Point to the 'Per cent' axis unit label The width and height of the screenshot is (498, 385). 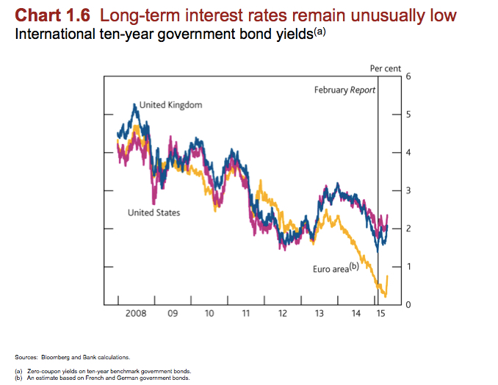tap(386, 68)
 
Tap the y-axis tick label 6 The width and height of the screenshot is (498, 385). tap(408, 76)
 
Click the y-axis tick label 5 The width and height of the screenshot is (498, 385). tap(408, 115)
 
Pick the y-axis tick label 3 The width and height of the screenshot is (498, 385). tap(408, 191)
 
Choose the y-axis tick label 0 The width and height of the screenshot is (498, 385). tap(408, 304)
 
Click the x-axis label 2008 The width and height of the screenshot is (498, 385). tap(136, 314)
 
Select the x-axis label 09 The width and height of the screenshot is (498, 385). tap(173, 314)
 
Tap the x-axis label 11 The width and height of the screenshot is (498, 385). tap(245, 314)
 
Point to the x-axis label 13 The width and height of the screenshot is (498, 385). tap(319, 314)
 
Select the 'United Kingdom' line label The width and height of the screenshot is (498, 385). tap(170, 105)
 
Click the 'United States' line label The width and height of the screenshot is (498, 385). tap(154, 213)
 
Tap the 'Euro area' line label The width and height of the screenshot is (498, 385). tap(335, 269)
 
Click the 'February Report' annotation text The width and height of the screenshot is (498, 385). tap(344, 90)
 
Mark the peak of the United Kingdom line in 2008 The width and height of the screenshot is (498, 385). tap(135, 104)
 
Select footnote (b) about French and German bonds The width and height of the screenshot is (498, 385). tap(108, 378)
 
